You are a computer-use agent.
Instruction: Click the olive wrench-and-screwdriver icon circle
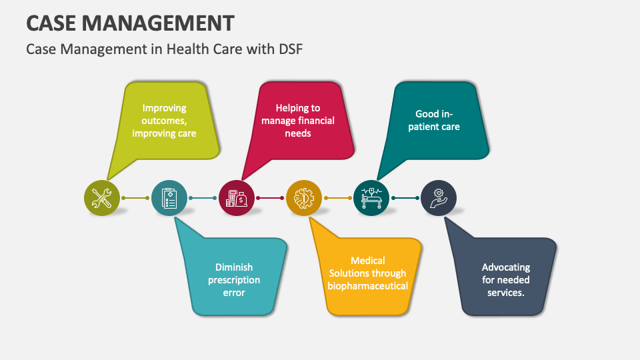pos(102,198)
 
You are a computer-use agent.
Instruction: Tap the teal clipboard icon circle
pos(169,198)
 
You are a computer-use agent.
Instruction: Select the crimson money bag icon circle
pos(237,198)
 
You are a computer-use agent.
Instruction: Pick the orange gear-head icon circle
pos(304,198)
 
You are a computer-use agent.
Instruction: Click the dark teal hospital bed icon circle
pos(371,198)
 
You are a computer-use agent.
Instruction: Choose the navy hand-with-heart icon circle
pos(439,198)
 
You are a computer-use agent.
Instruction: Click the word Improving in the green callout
pos(164,107)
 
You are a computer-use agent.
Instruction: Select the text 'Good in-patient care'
pos(437,120)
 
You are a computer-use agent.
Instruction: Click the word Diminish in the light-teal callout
pos(234,267)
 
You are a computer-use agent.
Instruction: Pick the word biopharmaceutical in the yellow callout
pos(367,286)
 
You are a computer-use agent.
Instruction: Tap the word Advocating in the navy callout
pos(506,267)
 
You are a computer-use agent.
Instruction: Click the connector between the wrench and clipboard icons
pos(135,198)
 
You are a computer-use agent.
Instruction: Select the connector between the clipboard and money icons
pos(203,198)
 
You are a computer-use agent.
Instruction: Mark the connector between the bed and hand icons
pos(405,198)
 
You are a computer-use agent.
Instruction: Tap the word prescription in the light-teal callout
pos(234,280)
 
